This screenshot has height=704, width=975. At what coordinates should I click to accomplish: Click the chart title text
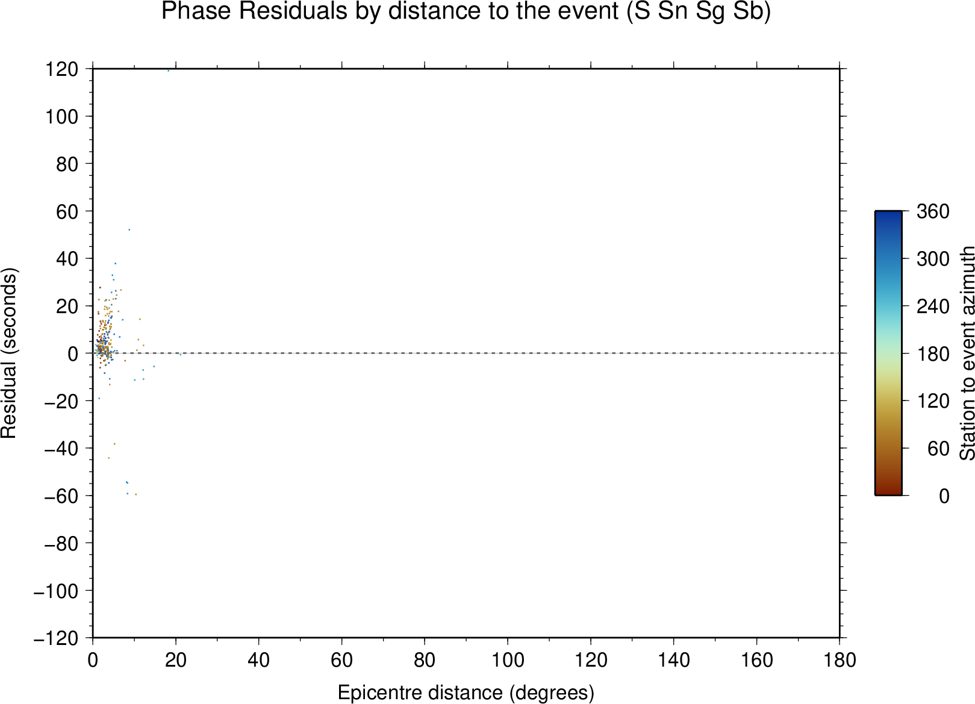[x=466, y=11]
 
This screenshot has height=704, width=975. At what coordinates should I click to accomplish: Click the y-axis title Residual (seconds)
[x=8, y=353]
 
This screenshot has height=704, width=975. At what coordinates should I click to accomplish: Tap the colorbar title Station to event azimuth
[x=967, y=353]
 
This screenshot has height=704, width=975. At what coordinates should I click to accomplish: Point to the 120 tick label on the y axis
[x=62, y=69]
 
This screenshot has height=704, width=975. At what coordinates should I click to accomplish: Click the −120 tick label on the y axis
[x=56, y=638]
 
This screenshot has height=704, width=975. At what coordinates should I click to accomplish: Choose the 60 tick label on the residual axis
[x=67, y=211]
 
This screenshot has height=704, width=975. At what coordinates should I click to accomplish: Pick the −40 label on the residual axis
[x=61, y=449]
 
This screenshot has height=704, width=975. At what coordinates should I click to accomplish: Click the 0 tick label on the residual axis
[x=73, y=354]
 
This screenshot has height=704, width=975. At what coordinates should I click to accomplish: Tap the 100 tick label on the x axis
[x=508, y=661]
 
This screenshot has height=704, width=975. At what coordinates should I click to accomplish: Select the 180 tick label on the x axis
[x=839, y=661]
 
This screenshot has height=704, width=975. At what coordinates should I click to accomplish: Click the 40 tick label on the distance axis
[x=258, y=661]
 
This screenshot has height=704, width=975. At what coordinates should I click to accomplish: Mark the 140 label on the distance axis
[x=673, y=661]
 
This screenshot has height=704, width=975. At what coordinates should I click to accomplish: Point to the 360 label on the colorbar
[x=933, y=211]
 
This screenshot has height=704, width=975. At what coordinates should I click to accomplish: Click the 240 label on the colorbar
[x=933, y=307]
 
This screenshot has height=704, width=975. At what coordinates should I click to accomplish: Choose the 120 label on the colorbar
[x=933, y=401]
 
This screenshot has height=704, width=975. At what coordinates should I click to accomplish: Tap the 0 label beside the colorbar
[x=944, y=496]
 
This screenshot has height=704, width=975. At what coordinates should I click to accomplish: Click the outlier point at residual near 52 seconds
[x=129, y=229]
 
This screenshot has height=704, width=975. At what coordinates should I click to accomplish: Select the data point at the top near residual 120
[x=169, y=70]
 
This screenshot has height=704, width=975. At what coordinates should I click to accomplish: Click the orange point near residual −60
[x=136, y=494]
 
